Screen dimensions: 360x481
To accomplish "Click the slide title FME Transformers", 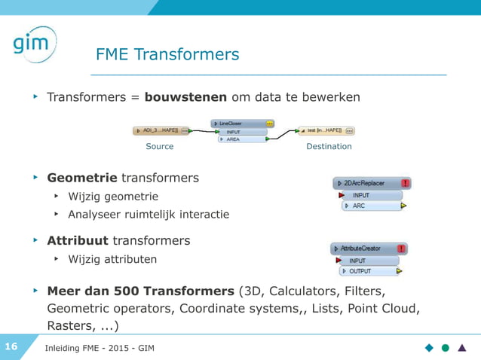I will click(x=167, y=55).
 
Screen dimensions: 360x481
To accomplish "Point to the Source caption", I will click(x=159, y=146).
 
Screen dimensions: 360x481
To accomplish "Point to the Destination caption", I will click(x=329, y=146).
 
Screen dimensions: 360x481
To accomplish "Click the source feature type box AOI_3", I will click(x=161, y=130).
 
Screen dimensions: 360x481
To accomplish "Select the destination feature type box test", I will click(x=326, y=130).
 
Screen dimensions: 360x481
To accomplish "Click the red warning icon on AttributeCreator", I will click(x=402, y=249).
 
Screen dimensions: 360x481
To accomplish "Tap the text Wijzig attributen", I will click(x=112, y=260).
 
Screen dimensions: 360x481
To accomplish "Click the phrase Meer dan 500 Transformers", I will click(x=140, y=291).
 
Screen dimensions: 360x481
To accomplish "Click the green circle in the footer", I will click(x=446, y=347).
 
